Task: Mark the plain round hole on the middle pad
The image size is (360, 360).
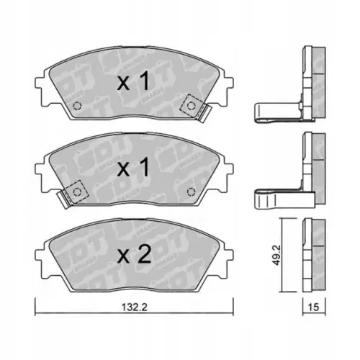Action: (191, 192)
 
